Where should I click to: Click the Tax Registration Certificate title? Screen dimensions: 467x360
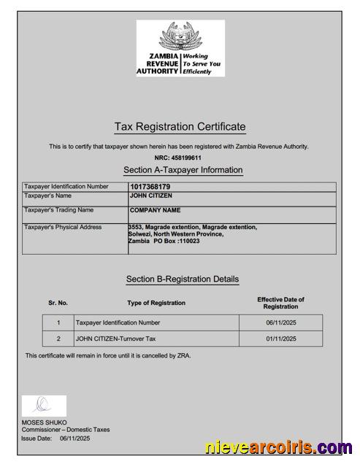180,127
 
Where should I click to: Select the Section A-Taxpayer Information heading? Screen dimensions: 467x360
183,170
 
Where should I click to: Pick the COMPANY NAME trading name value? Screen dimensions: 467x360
155,210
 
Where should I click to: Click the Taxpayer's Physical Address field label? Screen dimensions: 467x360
63,227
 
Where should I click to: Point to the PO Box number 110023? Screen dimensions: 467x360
186,241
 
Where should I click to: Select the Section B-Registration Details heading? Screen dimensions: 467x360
183,279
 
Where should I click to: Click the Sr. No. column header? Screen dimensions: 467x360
58,303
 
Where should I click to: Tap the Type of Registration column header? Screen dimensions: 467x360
156,303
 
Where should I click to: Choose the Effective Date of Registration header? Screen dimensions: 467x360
280,303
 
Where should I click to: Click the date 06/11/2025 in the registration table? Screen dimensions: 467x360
281,322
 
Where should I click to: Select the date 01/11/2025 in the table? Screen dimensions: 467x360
281,339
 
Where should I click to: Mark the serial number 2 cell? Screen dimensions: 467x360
58,339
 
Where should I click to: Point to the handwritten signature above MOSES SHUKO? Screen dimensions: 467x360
43,405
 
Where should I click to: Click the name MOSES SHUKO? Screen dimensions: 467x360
44,422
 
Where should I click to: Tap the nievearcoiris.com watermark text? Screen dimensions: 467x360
278,447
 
